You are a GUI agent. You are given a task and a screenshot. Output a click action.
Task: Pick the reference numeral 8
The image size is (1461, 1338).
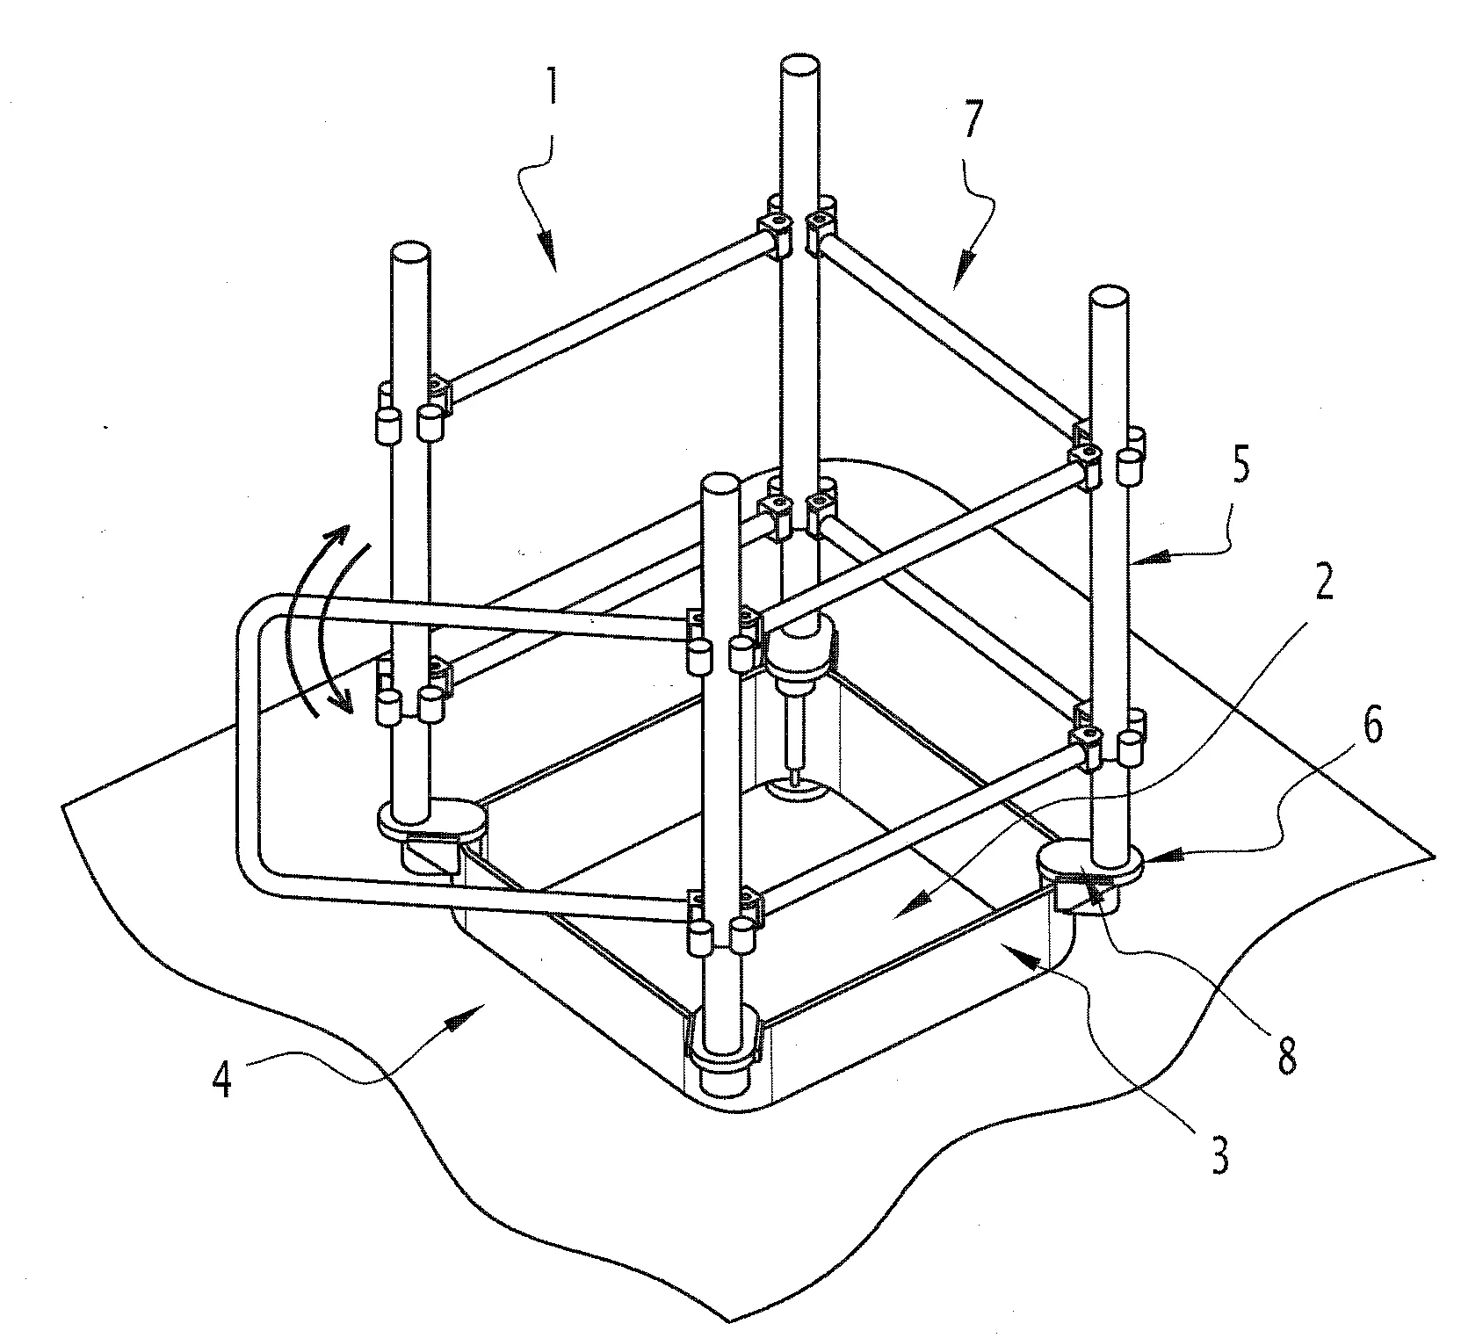1286,1059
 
